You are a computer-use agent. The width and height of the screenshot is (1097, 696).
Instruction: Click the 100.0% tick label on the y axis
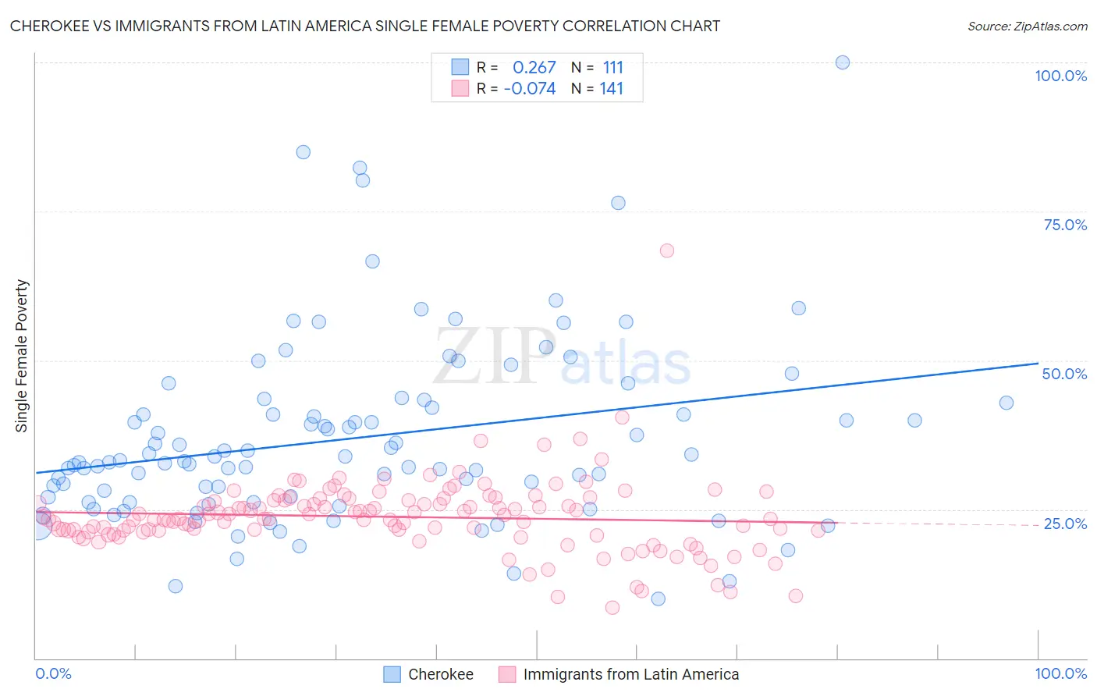[x=1060, y=76]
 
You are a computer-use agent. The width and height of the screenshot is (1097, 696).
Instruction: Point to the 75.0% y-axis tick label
[x=1065, y=225]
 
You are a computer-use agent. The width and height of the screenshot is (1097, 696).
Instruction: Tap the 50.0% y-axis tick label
[x=1064, y=374]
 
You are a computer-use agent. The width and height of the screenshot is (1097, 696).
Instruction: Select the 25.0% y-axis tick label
[x=1065, y=524]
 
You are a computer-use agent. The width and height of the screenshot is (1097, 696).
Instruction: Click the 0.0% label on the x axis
[x=53, y=673]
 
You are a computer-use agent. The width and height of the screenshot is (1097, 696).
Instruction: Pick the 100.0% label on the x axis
[x=1060, y=673]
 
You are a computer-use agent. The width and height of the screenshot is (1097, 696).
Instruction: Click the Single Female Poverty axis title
[x=22, y=356]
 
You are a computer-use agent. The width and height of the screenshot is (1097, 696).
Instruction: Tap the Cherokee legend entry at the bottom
[x=440, y=674]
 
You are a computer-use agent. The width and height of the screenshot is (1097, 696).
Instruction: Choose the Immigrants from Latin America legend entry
[x=630, y=674]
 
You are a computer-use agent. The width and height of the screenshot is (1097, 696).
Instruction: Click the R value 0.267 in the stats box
[x=534, y=67]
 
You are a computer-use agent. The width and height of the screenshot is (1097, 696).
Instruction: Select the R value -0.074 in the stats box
[x=530, y=89]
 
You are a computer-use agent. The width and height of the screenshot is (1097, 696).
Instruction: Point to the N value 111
[x=613, y=67]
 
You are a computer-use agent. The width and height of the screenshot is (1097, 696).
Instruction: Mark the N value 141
[x=612, y=89]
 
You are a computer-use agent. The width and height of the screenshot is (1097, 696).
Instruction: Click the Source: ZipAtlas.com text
[x=1027, y=27]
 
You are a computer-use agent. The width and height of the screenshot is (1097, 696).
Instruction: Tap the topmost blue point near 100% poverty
[x=843, y=62]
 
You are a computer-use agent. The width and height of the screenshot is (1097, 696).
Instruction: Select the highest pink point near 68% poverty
[x=666, y=250]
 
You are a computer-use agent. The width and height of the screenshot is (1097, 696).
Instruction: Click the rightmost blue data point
[x=1006, y=403]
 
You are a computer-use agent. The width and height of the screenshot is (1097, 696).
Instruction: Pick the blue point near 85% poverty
[x=304, y=152]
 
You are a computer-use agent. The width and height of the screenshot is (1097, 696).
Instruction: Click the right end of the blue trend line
[x=1038, y=363]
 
